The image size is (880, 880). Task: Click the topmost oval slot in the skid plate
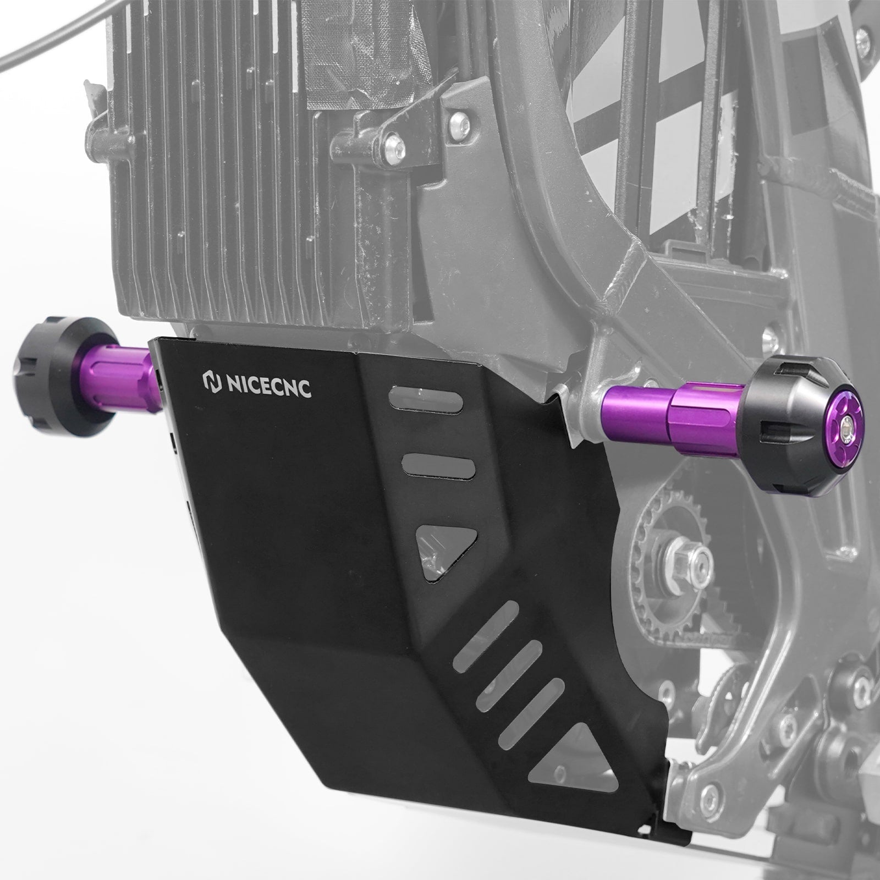point(426,397)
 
